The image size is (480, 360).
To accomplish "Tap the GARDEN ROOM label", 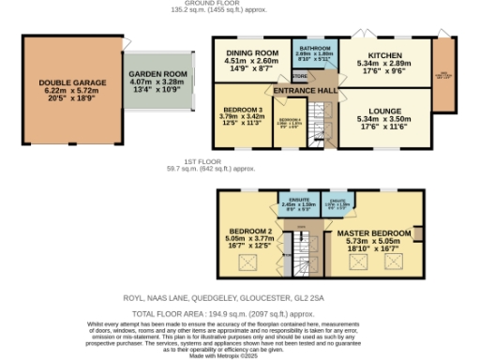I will click(156, 82).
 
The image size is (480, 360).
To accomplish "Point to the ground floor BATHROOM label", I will click(314, 47).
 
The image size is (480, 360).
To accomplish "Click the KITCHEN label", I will click(383, 53).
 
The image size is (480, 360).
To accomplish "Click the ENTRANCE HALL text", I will click(304, 90).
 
